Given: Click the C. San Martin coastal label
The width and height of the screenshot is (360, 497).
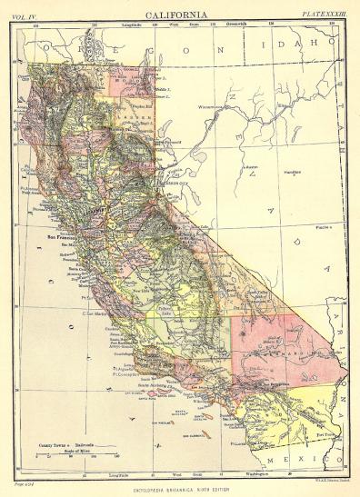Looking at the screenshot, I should coord(98,313).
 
